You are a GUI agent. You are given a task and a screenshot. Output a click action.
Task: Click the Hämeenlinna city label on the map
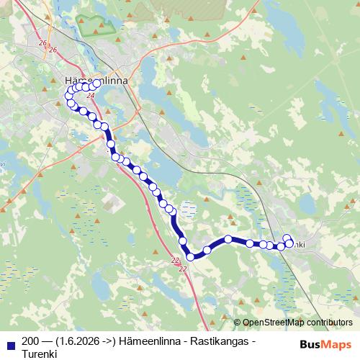(96, 81)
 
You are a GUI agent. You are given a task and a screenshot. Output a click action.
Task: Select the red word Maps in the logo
(336, 345)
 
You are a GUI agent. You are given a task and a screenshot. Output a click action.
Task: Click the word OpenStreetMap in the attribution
(274, 323)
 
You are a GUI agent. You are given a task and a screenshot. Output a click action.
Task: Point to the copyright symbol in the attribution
(238, 323)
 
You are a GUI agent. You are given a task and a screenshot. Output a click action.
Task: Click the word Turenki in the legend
(40, 354)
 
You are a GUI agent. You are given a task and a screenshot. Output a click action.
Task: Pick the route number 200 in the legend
(32, 341)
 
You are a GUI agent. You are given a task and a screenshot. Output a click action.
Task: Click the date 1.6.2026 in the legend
(78, 341)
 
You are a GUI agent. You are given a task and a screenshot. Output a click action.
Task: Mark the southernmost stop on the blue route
(191, 256)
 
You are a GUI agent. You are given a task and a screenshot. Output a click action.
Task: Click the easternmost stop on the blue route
(290, 243)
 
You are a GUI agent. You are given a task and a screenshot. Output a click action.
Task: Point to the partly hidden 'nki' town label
(298, 246)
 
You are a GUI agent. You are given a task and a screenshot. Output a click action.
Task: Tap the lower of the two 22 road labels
(182, 269)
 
